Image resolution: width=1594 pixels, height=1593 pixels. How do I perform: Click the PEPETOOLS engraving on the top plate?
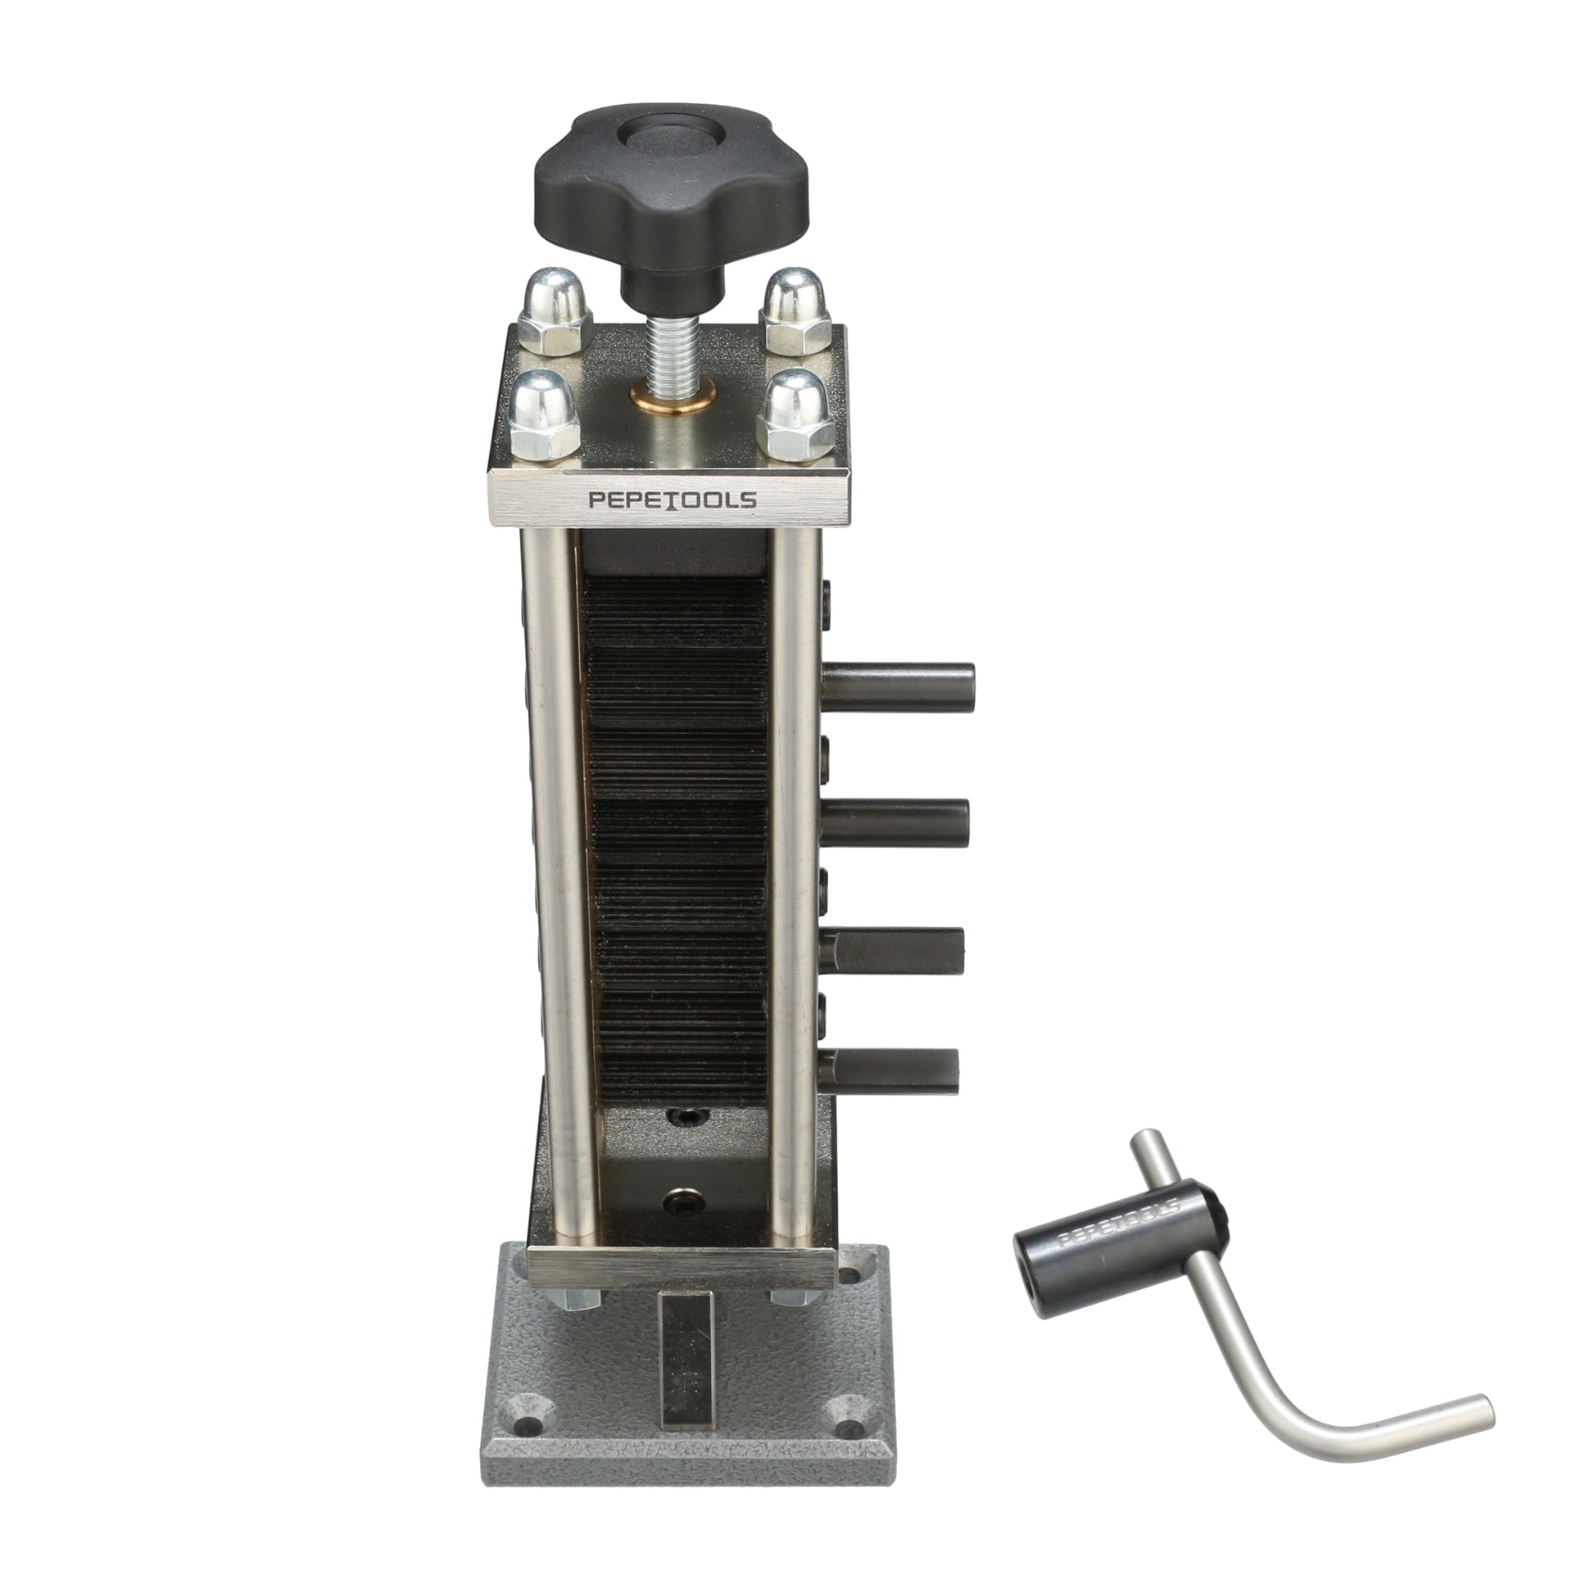[x=672, y=499]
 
